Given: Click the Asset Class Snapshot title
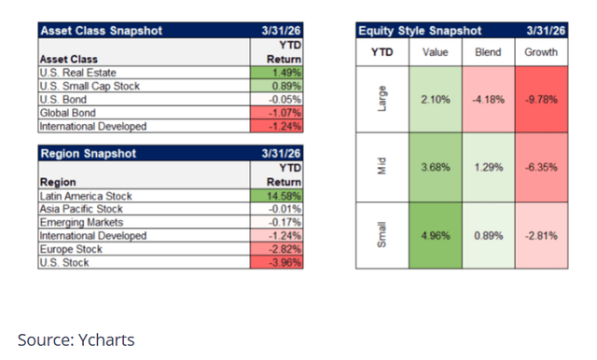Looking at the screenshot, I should pyautogui.click(x=101, y=31).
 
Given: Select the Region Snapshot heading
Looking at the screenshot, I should pyautogui.click(x=88, y=151).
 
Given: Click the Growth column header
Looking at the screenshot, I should pyautogui.click(x=541, y=52).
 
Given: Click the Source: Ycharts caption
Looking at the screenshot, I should pyautogui.click(x=76, y=339).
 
